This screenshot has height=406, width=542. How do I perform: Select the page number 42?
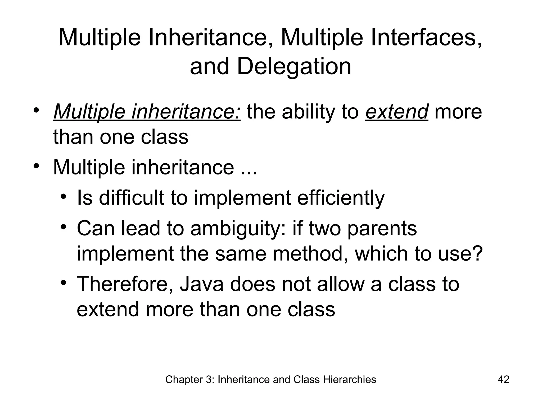click(x=503, y=380)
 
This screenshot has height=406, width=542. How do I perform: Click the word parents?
click(x=382, y=229)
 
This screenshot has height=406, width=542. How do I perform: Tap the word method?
click(x=309, y=253)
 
